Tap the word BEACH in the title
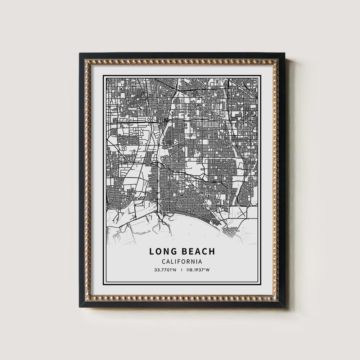point(199,252)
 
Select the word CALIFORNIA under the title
point(181,262)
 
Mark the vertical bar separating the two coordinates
point(182,270)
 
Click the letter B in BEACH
point(185,252)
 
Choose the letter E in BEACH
point(193,252)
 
